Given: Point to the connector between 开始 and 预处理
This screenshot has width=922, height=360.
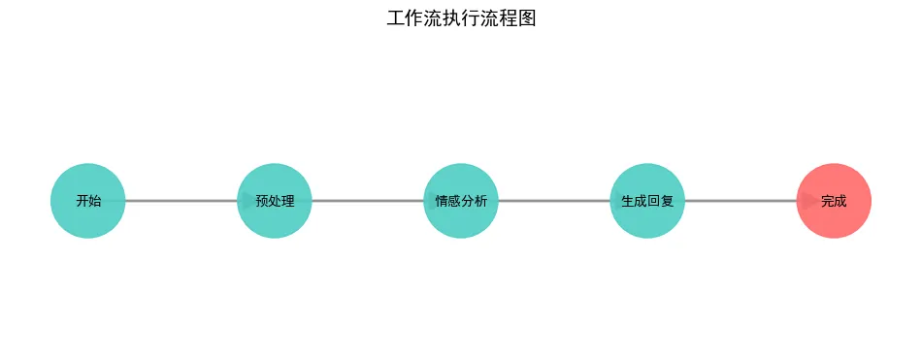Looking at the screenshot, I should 181,201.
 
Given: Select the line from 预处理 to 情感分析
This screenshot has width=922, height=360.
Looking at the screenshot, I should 368,201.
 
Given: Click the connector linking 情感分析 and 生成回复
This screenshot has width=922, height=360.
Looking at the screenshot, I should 554,201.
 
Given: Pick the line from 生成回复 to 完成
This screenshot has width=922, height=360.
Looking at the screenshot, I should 741,201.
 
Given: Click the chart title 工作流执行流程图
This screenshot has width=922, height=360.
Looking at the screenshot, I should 461,18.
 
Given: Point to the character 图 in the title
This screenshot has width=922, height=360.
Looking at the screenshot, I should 527,18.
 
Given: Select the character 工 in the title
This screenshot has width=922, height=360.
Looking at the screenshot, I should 395,18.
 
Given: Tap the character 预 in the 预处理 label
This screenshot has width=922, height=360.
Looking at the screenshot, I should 262,202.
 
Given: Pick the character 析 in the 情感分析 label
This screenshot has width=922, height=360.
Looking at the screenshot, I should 480,202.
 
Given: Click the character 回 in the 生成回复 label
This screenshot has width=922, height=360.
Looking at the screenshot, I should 653,202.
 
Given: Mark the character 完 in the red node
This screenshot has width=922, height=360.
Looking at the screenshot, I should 827,202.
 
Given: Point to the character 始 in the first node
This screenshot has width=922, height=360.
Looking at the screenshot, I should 94,202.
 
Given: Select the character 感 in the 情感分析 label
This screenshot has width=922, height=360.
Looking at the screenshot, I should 454,202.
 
